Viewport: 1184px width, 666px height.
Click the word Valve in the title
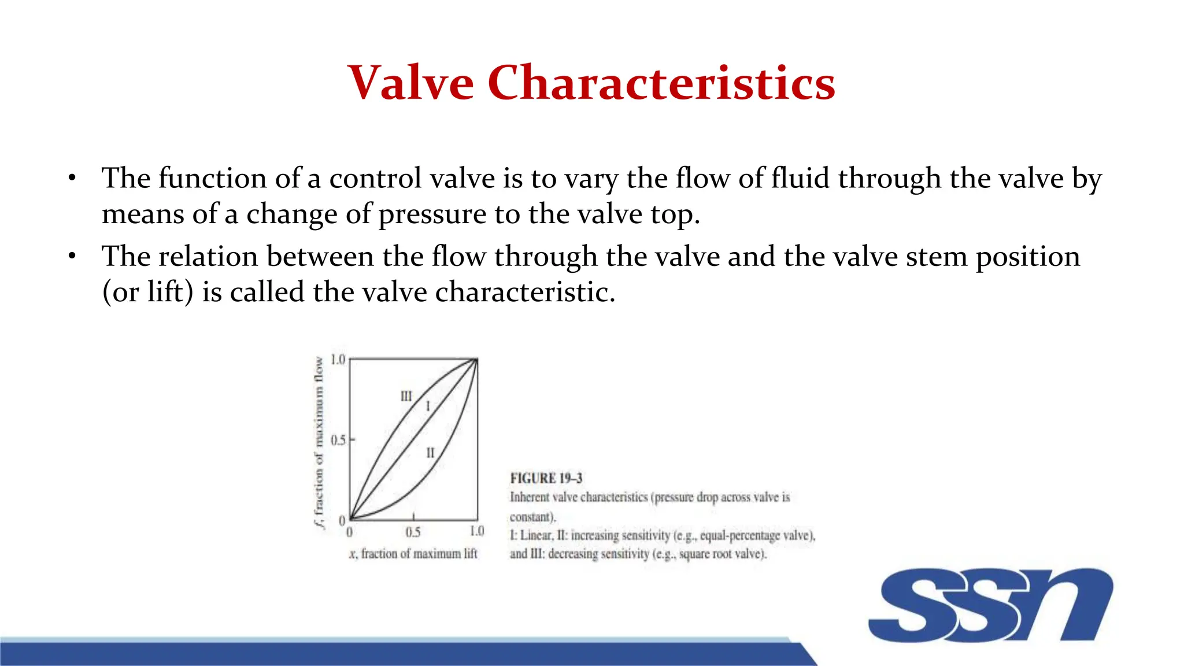point(410,83)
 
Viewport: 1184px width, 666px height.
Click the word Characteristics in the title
point(661,83)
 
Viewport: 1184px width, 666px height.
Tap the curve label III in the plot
point(406,397)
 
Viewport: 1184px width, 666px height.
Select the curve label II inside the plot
point(430,453)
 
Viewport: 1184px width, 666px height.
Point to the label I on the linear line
point(428,406)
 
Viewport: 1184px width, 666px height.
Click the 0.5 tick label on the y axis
point(338,441)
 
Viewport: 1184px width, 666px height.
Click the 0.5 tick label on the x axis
point(413,532)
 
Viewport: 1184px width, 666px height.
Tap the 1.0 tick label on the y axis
point(338,360)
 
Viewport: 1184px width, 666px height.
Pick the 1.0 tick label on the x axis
point(476,531)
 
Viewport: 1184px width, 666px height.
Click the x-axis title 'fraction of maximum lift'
point(419,554)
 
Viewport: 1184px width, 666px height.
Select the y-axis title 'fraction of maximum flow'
point(319,442)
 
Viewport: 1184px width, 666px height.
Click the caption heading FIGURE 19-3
point(546,478)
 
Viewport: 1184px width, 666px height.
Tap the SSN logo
point(990,605)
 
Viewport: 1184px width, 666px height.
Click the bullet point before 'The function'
point(72,178)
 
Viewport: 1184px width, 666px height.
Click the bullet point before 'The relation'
point(72,256)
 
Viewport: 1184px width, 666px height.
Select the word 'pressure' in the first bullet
point(432,214)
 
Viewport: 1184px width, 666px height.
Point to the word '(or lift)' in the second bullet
point(147,292)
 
